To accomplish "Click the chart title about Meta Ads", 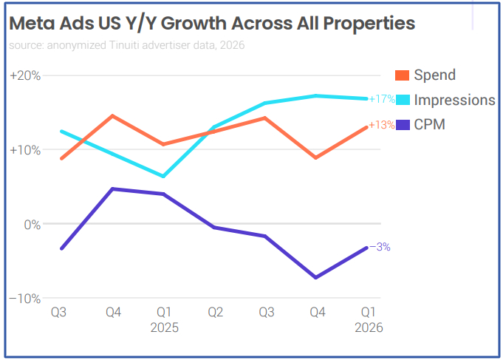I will (x=212, y=23).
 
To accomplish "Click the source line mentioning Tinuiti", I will (x=126, y=45).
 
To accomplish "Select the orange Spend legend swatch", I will (x=403, y=75).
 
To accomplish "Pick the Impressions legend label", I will (x=454, y=100).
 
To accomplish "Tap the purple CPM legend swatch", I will (x=403, y=125).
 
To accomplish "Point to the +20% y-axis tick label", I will (x=25, y=75).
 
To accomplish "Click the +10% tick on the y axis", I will (x=25, y=150).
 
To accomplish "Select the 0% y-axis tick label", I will (x=30, y=224).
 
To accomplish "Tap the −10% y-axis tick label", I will (x=25, y=298).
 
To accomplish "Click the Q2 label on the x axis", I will (x=214, y=313).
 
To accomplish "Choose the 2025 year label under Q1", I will (x=164, y=327).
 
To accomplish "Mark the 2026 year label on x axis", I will (x=368, y=327).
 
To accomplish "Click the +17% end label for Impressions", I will (x=382, y=99).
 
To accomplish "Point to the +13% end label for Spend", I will (x=382, y=126).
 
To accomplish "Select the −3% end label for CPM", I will (x=380, y=248).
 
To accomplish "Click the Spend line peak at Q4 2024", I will (x=112, y=115).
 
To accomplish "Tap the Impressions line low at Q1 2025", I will (x=163, y=177).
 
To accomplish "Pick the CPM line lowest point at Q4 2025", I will (x=316, y=277).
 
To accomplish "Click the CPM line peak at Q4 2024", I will (x=112, y=189).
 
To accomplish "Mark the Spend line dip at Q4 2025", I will (x=316, y=157).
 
